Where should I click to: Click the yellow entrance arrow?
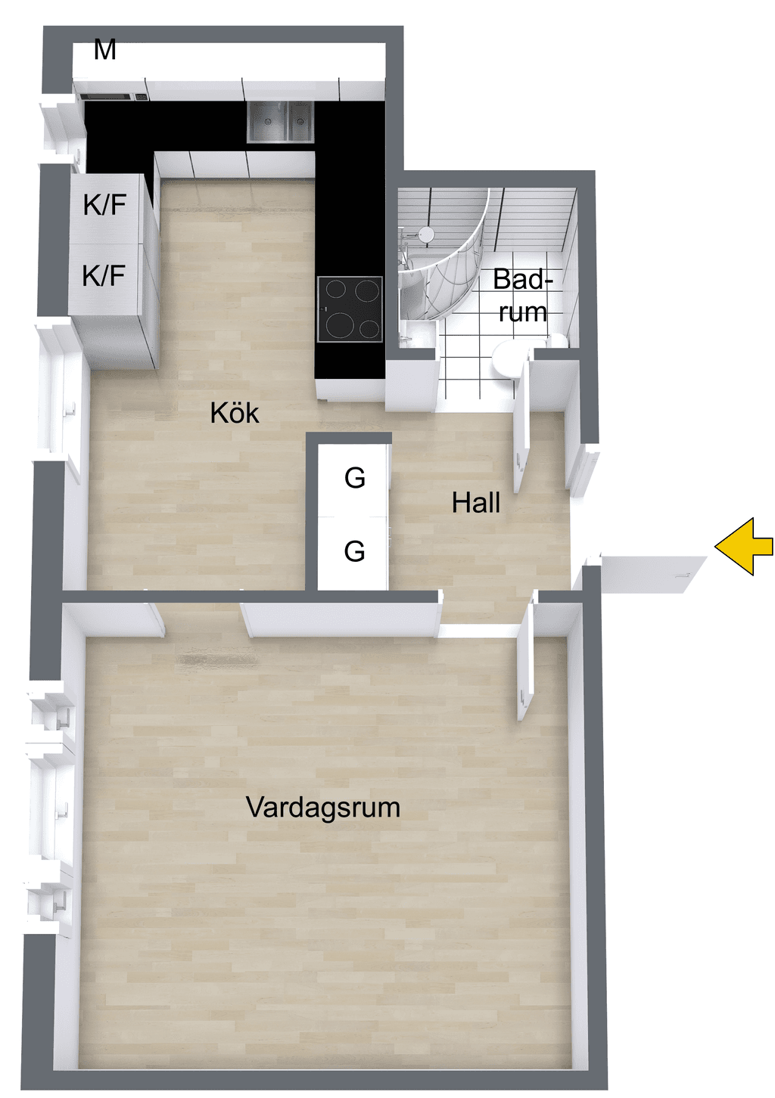[743, 546]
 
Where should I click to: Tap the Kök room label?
[235, 413]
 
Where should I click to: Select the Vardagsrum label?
[322, 807]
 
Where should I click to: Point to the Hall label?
[476, 502]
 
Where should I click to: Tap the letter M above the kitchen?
[105, 49]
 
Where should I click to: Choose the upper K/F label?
[105, 204]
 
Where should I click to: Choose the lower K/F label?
[104, 275]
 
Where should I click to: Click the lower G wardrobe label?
[354, 551]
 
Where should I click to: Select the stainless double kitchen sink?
[280, 122]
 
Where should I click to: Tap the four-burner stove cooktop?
[350, 309]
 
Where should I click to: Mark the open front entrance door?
[652, 574]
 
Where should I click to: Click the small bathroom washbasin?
[417, 334]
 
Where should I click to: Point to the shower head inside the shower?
[427, 234]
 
